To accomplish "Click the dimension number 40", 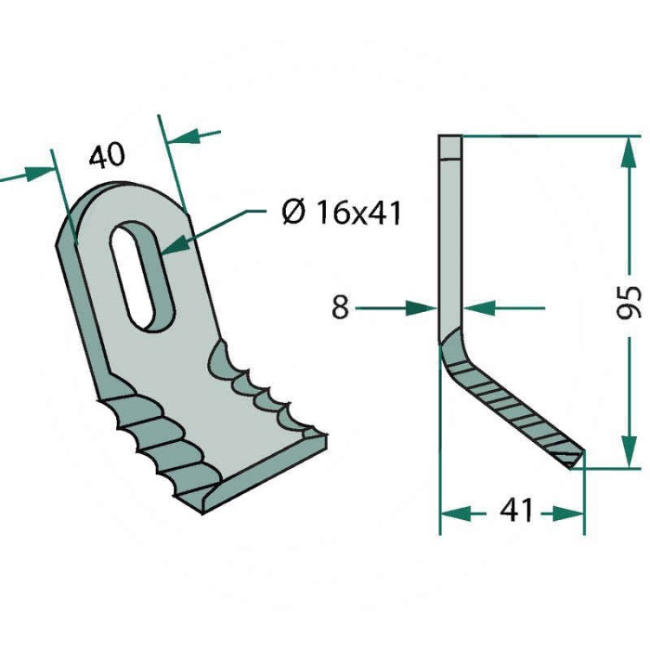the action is (107, 155).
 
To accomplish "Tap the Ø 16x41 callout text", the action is (341, 212).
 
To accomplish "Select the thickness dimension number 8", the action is (341, 308).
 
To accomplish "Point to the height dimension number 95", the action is (629, 302).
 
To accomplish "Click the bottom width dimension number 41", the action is (516, 510).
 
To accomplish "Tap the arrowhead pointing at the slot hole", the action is (176, 246).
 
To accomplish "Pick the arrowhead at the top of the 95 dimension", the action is (629, 152).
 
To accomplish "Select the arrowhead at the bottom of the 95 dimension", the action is (629, 451).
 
